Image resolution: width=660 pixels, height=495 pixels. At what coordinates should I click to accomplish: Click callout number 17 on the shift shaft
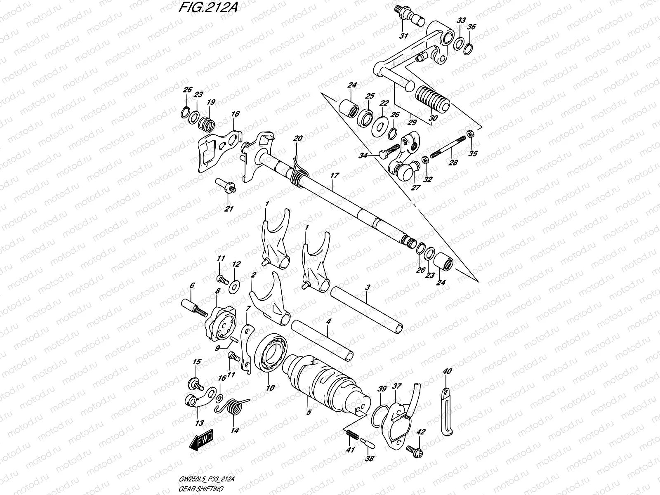click(334, 176)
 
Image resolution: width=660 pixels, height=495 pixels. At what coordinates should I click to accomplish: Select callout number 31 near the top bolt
click(403, 36)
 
